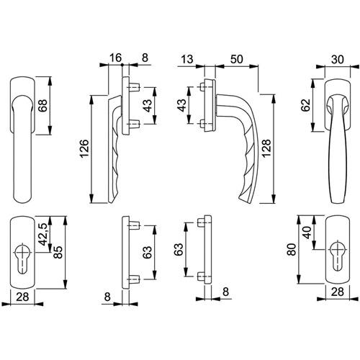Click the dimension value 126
click(x=84, y=148)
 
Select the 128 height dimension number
click(x=266, y=148)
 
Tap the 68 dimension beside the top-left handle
click(x=43, y=105)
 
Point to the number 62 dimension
click(x=306, y=105)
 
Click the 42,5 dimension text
click(x=43, y=234)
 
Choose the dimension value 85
click(x=58, y=252)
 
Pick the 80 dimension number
click(x=292, y=249)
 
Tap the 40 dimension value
click(x=307, y=233)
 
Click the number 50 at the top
click(x=237, y=59)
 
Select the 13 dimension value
click(x=187, y=59)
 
